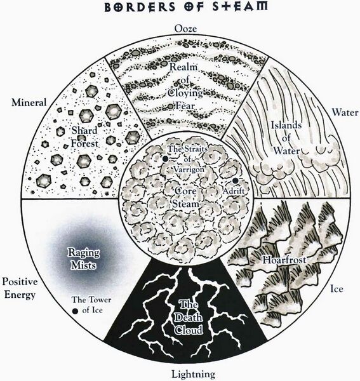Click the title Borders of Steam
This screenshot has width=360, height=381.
pyautogui.click(x=186, y=6)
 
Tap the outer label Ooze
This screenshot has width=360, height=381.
pyautogui.click(x=185, y=29)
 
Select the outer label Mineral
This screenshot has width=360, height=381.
pyautogui.click(x=29, y=102)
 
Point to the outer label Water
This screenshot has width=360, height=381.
pyautogui.click(x=345, y=112)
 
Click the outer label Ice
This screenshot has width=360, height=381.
pyautogui.click(x=337, y=289)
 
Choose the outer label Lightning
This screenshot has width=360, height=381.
pyautogui.click(x=193, y=374)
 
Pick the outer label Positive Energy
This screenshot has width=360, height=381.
pyautogui.click(x=20, y=288)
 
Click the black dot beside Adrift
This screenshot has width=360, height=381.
pyautogui.click(x=235, y=180)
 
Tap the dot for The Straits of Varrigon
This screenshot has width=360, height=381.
pyautogui.click(x=165, y=159)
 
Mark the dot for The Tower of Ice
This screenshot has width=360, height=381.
pyautogui.click(x=76, y=311)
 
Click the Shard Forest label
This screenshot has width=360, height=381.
pyautogui.click(x=84, y=137)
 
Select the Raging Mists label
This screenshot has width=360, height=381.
pyautogui.click(x=84, y=259)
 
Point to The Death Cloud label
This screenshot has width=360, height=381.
pyautogui.click(x=189, y=317)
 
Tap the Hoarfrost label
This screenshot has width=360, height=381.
pyautogui.click(x=284, y=260)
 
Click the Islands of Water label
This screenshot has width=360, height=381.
pyautogui.click(x=286, y=138)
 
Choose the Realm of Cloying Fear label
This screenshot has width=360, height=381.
pyautogui.click(x=186, y=86)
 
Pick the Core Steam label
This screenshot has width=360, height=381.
pyautogui.click(x=185, y=197)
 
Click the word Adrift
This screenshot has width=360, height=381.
pyautogui.click(x=234, y=191)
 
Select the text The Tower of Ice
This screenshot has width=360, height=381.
pyautogui.click(x=91, y=305)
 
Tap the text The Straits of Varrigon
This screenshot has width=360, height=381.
pyautogui.click(x=188, y=159)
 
